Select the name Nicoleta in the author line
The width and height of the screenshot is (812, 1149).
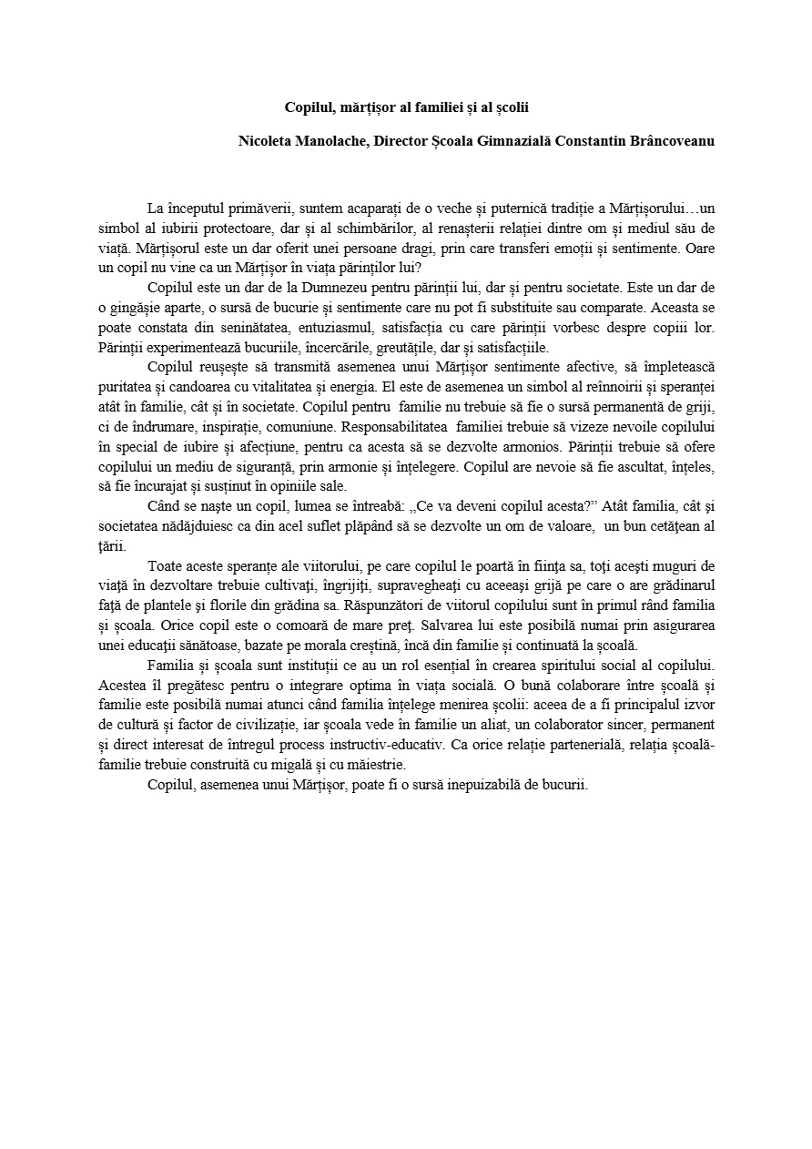click(x=267, y=141)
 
